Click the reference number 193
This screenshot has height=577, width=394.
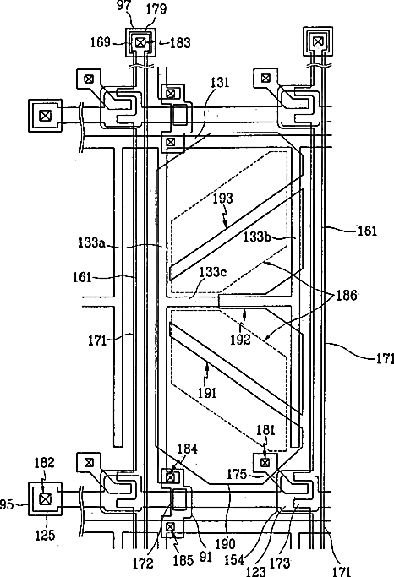pos(222,199)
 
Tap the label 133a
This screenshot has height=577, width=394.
pos(91,242)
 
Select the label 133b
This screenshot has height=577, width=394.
pos(257,237)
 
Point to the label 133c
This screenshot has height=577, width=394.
pos(213,272)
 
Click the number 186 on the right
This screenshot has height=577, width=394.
pos(347,295)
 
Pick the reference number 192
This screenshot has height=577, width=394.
pos(240,340)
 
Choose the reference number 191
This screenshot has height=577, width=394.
pos(208,393)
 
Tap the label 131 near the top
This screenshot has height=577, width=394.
pos(220,82)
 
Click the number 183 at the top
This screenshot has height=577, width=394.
pos(180,43)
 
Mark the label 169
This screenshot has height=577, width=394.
pos(101,42)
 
